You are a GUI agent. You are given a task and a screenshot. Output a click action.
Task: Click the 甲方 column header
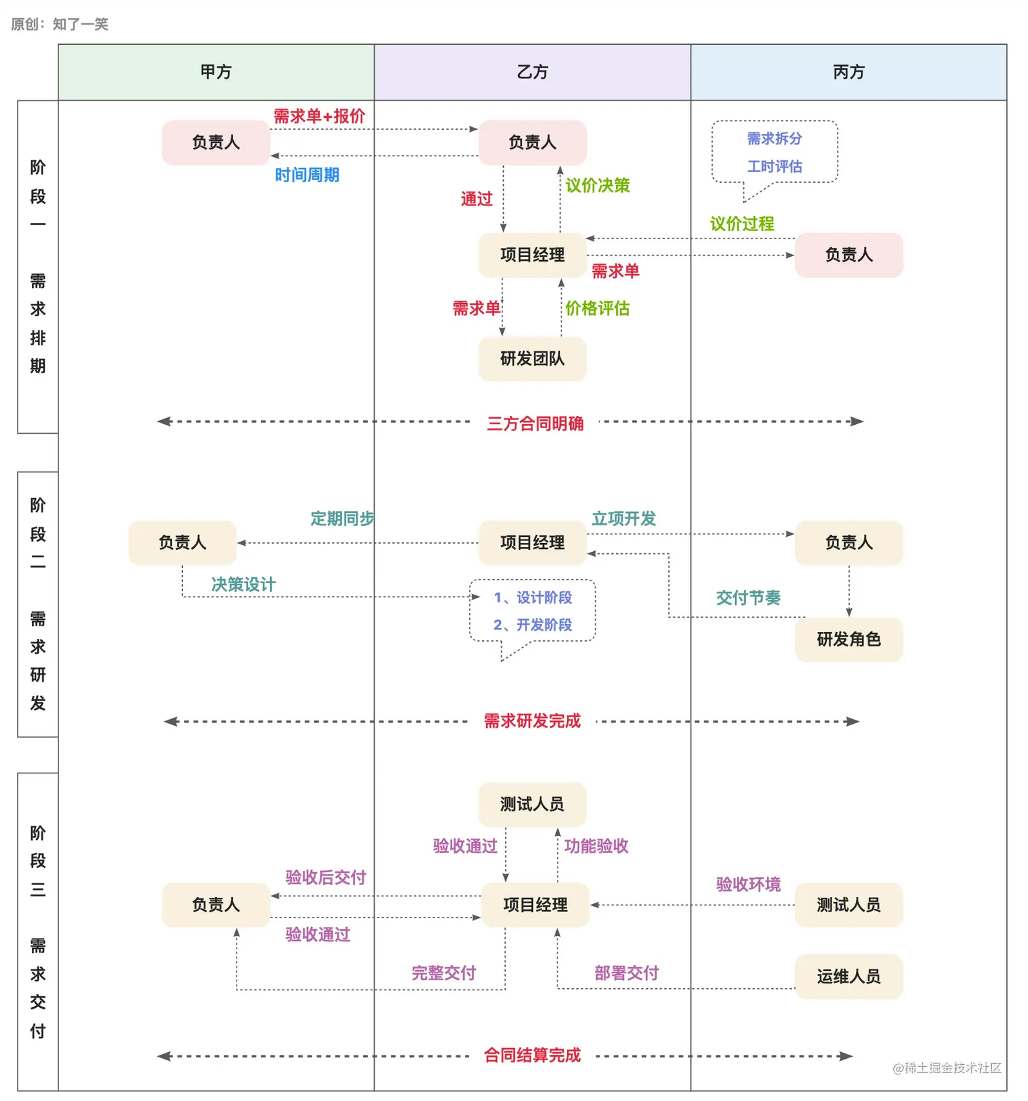click(216, 72)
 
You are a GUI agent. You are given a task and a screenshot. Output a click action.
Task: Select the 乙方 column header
click(532, 72)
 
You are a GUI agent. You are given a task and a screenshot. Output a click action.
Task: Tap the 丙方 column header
click(849, 72)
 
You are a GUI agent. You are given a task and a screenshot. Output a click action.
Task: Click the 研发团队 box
click(532, 359)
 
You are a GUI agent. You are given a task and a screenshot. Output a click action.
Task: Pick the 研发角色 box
click(849, 640)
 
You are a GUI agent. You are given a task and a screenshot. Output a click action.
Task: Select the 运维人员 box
click(849, 977)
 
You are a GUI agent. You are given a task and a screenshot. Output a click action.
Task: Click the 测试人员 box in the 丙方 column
click(849, 905)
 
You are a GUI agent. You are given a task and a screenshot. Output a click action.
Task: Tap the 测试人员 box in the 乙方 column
click(532, 805)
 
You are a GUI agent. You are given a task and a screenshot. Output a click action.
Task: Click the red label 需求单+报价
click(320, 116)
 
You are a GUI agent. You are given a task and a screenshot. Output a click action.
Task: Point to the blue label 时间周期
click(307, 175)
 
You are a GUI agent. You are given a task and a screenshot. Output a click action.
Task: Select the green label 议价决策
click(598, 186)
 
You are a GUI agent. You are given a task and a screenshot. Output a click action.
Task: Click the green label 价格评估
click(598, 309)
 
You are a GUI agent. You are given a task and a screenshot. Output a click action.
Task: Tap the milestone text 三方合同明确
click(535, 424)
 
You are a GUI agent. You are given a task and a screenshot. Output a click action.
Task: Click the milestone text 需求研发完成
click(532, 721)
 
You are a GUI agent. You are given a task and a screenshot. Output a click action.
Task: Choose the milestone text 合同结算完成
click(532, 1055)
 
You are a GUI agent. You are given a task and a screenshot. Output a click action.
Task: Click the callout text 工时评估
click(774, 167)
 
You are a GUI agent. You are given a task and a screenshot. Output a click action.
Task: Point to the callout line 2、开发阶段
click(532, 625)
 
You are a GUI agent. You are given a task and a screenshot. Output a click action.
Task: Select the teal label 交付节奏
click(748, 598)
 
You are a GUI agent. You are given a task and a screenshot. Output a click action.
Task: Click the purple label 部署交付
click(626, 973)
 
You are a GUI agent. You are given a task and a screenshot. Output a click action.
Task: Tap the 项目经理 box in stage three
click(535, 905)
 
